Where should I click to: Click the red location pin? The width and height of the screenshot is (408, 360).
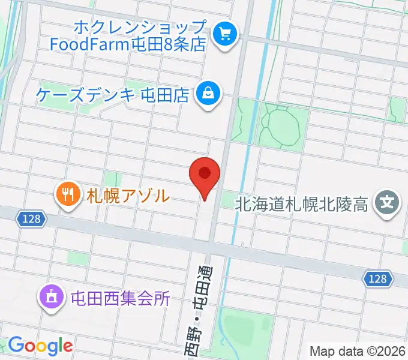205,175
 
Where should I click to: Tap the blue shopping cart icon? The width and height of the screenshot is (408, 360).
225,34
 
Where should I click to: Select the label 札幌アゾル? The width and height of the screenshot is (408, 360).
128,195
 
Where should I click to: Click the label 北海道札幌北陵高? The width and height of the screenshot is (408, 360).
301,205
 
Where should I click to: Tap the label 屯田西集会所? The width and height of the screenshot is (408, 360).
120,298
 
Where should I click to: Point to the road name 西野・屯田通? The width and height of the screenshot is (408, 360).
201,306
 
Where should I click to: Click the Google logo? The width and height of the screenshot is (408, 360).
40,346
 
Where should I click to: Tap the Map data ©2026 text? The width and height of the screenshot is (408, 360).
358,350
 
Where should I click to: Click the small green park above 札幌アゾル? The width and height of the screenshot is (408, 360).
112,178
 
